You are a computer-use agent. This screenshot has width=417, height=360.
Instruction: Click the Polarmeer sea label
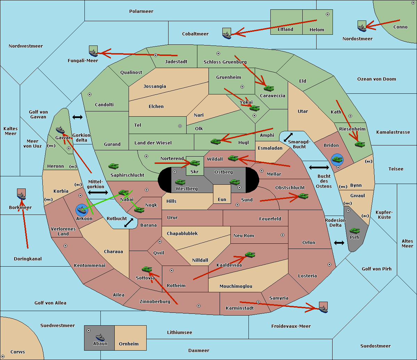tap(141, 11)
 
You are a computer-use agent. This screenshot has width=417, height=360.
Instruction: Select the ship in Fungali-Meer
tap(93, 52)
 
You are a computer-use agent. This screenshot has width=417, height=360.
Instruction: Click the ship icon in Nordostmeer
tap(362, 27)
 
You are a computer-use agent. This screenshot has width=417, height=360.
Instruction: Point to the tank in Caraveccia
tap(269, 89)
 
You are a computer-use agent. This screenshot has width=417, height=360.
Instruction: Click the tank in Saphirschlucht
tap(113, 167)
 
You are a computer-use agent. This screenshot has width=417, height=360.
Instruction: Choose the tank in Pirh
tap(354, 231)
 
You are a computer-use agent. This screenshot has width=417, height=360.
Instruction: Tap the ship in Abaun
tap(100, 337)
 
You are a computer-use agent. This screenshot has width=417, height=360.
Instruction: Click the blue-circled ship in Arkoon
tap(82, 210)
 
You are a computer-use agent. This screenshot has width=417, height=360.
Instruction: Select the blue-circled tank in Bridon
tap(337, 160)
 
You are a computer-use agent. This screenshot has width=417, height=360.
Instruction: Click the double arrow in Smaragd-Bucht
tap(288, 137)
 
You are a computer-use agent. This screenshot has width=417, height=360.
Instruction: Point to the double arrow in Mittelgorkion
tap(98, 193)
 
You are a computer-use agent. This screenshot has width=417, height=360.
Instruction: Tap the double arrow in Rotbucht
tap(129, 223)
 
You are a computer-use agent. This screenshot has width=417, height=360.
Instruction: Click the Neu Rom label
tap(244, 235)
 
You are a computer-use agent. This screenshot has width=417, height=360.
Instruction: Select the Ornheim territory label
tap(129, 344)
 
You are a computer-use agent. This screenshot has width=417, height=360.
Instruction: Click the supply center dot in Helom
tap(327, 14)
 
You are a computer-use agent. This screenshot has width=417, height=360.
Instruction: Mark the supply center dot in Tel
tap(180, 126)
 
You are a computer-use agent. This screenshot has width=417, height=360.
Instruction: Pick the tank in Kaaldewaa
tap(250, 255)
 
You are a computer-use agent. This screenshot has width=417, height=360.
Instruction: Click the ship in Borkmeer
tap(22, 196)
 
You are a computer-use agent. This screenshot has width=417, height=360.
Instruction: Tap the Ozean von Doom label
tap(376, 79)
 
